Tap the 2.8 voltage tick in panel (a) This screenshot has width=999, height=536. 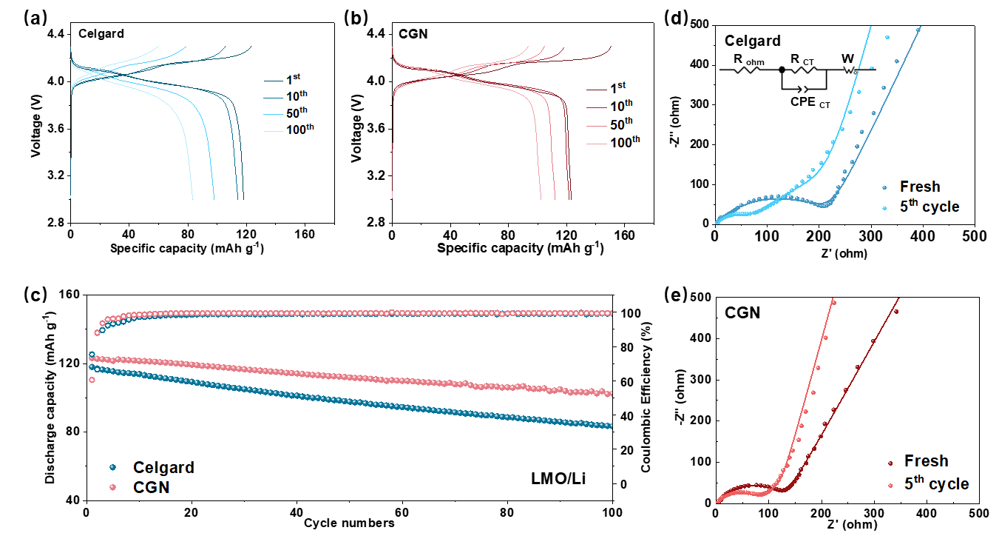[54, 223]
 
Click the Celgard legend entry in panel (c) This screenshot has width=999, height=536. [163, 467]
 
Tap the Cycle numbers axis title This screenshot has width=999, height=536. [348, 523]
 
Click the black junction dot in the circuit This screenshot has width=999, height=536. [782, 70]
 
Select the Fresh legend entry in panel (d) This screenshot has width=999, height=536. [921, 187]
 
